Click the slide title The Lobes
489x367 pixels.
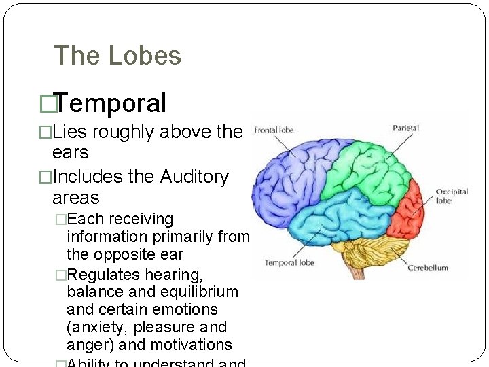pos(117,56)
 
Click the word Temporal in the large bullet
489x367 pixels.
pos(111,103)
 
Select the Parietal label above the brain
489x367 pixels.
pos(405,127)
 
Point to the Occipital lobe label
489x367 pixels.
pos(452,196)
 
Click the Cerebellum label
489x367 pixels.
pos(428,268)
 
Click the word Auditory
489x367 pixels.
pos(194,177)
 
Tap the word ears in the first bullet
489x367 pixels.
pos(70,152)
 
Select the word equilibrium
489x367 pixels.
pos(200,292)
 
